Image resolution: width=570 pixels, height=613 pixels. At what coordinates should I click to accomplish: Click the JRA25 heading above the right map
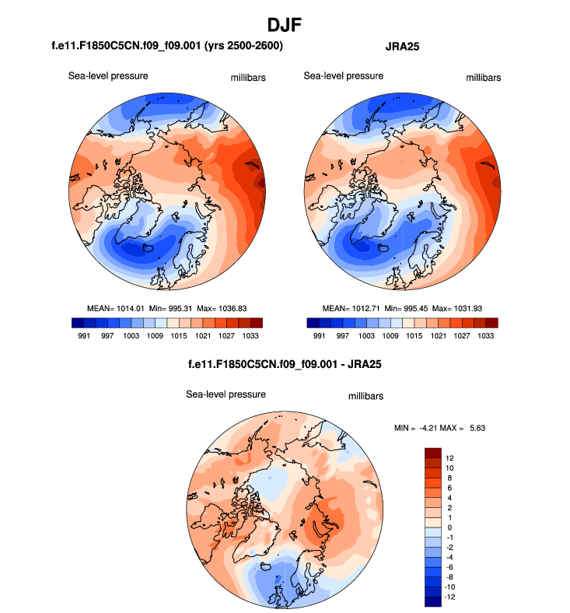(399, 47)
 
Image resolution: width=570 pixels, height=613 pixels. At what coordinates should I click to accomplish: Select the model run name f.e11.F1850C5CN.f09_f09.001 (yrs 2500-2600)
(166, 47)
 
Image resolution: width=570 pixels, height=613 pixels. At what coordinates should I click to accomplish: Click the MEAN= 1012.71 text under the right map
(341, 309)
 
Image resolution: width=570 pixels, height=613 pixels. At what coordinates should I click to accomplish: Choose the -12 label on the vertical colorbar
(451, 597)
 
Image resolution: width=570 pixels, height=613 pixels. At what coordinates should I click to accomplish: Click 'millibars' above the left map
(247, 78)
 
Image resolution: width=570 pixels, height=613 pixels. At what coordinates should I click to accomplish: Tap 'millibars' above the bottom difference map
(365, 397)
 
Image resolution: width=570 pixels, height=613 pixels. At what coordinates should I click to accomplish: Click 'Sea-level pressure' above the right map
(344, 75)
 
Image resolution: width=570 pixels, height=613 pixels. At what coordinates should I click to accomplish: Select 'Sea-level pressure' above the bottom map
(226, 394)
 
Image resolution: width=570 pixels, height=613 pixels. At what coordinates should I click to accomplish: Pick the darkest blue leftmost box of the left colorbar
(75, 322)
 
